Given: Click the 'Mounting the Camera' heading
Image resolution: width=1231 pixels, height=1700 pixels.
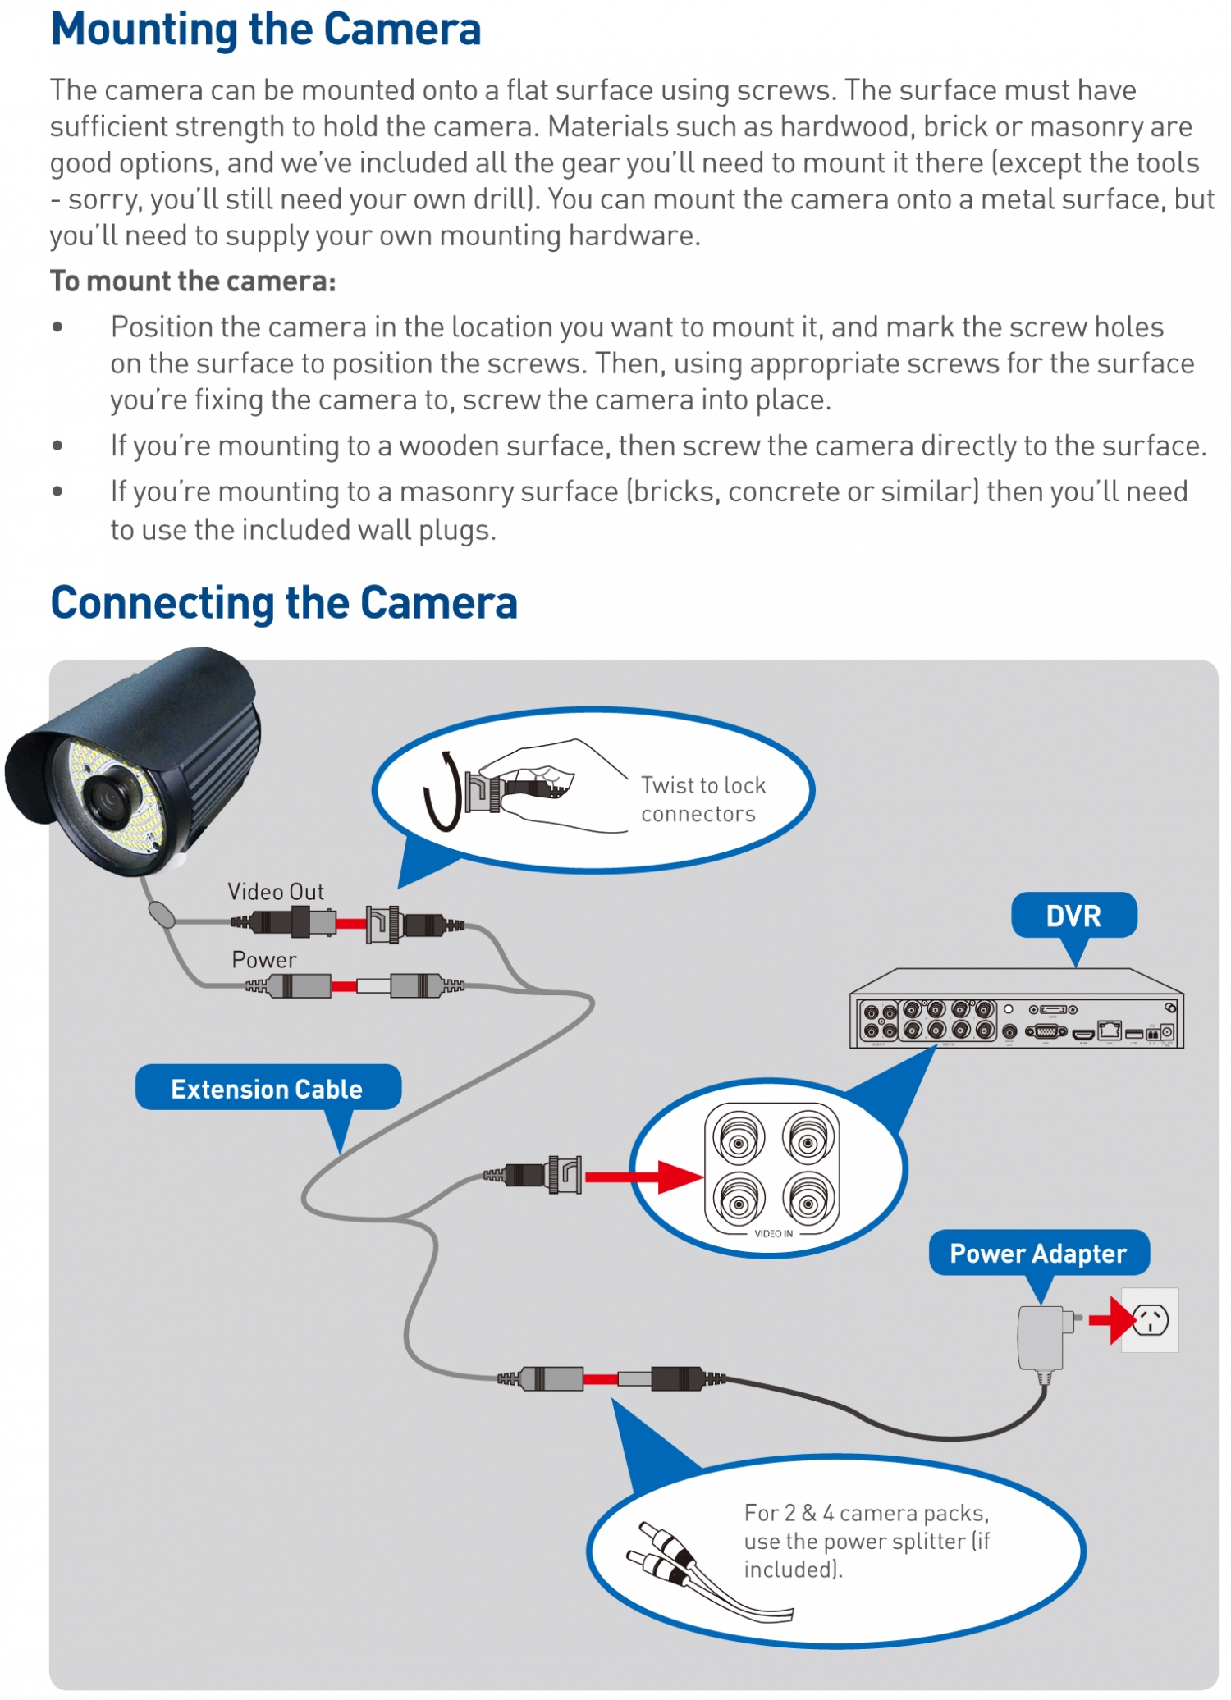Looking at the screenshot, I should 265,30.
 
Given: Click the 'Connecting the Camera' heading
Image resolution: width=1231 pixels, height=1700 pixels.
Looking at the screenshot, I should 284,603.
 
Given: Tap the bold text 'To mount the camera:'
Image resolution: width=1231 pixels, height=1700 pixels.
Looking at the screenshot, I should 193,281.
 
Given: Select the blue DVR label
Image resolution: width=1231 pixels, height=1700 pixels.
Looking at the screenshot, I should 1073,916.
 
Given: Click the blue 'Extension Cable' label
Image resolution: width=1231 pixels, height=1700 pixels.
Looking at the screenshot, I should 267,1089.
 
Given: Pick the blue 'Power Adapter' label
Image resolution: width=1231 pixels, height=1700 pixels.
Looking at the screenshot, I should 1038,1254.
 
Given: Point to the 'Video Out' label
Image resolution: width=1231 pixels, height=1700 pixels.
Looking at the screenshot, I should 276,892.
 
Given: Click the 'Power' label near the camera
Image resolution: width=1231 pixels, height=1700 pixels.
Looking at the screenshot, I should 264,960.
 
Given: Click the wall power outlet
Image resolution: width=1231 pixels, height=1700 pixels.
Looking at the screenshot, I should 1151,1320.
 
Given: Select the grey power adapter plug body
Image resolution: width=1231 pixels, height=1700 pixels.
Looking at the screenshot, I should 1041,1338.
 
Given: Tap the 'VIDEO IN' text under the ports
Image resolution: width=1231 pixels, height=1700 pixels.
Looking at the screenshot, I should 773,1234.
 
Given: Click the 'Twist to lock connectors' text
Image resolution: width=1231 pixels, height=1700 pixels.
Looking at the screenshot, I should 702,799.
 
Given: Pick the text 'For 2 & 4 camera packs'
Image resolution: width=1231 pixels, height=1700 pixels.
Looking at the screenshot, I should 866,1513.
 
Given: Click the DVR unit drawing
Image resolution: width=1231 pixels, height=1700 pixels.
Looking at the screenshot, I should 1016,1011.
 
